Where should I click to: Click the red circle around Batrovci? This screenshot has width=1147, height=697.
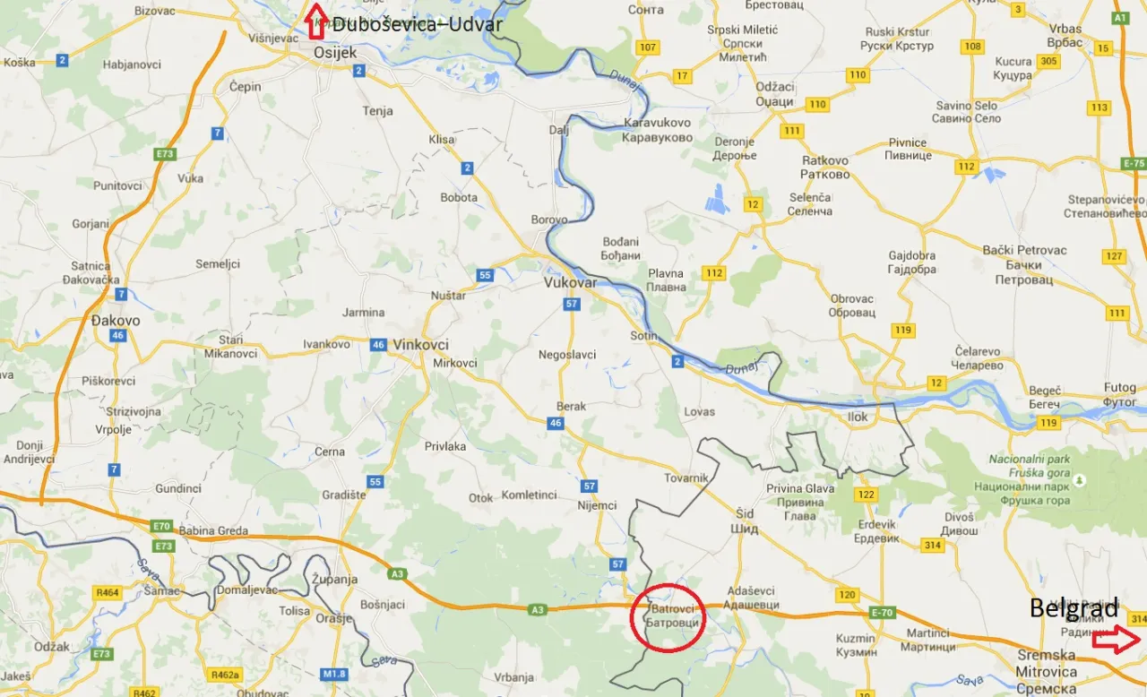pos(668,615)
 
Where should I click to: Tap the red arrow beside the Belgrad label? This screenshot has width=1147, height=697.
pos(1116,640)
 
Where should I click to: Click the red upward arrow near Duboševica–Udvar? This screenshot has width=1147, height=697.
pos(315,21)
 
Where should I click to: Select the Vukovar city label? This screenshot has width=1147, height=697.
pos(570,282)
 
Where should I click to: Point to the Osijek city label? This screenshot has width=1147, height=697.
pos(335,54)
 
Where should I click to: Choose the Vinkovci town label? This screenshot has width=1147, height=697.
pos(420,344)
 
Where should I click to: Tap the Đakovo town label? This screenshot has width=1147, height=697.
pos(116,320)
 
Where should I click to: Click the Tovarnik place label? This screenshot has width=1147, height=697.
pos(686,478)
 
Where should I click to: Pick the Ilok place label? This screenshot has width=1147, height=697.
pos(858,417)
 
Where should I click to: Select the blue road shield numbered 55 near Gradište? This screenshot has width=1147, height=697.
pos(375,482)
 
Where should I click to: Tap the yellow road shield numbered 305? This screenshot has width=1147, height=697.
pos(1049,62)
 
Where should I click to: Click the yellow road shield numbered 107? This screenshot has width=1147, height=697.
pos(648,47)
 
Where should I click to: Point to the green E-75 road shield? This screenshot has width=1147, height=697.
pos(1134,164)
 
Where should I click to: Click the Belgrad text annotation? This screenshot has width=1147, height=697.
pos(1074,609)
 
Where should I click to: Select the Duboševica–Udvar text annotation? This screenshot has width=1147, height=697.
pos(417,24)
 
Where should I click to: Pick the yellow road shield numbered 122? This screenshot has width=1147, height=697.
pos(866,495)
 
